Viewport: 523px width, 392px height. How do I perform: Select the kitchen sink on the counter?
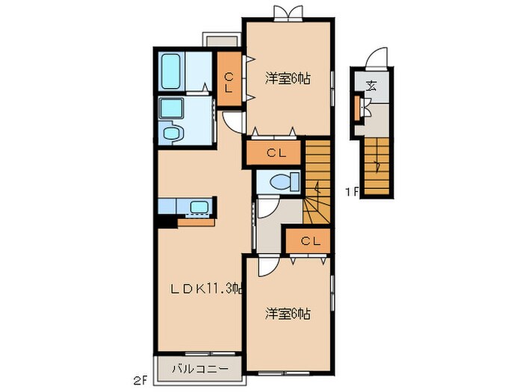click(199, 207)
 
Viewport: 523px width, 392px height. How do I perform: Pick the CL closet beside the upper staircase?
click(274, 153)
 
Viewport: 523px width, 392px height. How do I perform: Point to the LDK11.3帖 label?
click(202, 288)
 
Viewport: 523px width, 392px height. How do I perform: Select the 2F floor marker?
click(140, 379)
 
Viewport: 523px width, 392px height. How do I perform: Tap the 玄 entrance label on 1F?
click(371, 84)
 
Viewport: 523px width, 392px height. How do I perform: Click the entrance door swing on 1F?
click(380, 58)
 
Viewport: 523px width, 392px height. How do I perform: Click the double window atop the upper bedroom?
click(289, 12)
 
